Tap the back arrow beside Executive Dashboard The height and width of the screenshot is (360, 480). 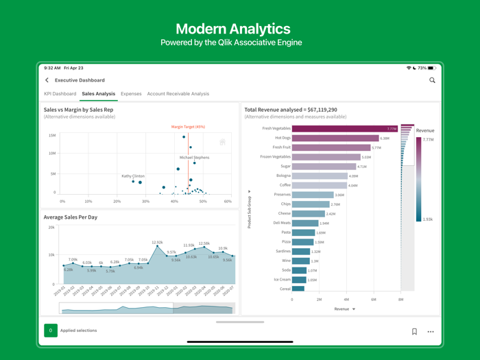point(47,80)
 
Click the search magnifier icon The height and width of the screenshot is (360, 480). point(432,80)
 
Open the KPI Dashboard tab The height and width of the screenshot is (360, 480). point(60,94)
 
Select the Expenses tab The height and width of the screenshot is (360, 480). point(131,94)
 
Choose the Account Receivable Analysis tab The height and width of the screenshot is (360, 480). point(178,94)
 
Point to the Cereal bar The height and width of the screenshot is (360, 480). point(298,289)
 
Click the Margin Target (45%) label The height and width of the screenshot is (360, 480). point(188,127)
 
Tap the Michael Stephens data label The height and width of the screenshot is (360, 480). point(195,158)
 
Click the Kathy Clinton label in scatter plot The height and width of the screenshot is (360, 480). point(133,176)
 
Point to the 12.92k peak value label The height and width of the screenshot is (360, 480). point(157,242)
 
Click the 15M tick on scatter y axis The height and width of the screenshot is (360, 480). point(52,136)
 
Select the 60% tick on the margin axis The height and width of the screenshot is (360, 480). point(228,202)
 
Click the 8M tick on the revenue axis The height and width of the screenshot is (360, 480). point(401,300)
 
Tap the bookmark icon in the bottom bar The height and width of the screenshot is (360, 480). point(414,331)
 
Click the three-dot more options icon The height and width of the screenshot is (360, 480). point(431,331)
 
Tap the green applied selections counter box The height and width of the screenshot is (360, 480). point(51,331)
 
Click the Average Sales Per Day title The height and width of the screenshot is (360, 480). point(71,217)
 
